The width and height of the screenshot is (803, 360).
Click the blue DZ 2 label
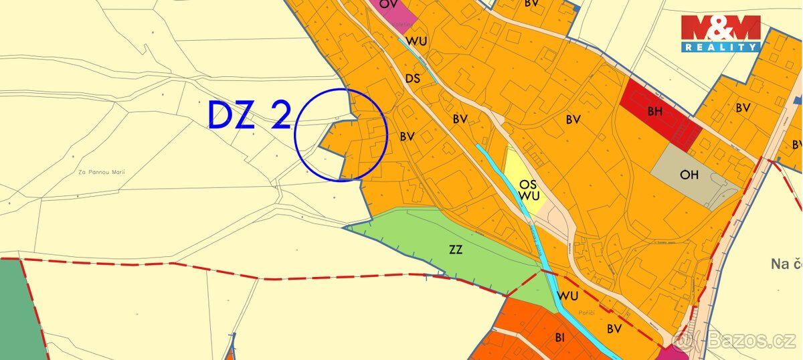pyautogui.click(x=249, y=115)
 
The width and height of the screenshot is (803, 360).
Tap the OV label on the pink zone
pyautogui.click(x=387, y=4)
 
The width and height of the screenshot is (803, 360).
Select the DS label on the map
pyautogui.click(x=413, y=78)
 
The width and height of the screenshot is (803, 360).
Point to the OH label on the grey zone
pyautogui.click(x=689, y=175)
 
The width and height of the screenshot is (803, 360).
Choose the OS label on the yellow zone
pyautogui.click(x=529, y=184)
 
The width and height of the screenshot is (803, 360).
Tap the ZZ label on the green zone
pyautogui.click(x=456, y=250)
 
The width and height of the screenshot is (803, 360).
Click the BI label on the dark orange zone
pyautogui.click(x=560, y=338)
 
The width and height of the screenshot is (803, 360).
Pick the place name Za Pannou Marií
pyautogui.click(x=102, y=172)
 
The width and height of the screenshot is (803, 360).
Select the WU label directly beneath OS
pyautogui.click(x=529, y=196)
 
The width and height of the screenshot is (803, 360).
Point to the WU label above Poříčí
pyautogui.click(x=567, y=295)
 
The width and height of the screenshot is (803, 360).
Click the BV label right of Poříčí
pyautogui.click(x=614, y=329)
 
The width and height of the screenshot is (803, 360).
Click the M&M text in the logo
pyautogui.click(x=721, y=28)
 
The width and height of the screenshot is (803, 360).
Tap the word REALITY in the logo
pyautogui.click(x=721, y=47)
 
